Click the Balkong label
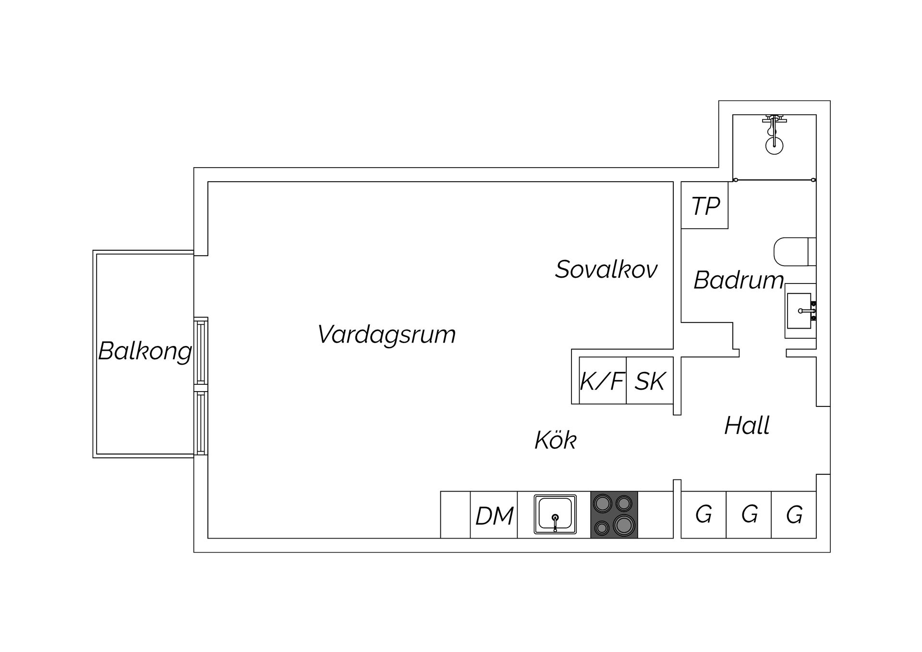click(x=145, y=351)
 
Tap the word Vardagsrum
click(x=386, y=334)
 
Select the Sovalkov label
click(x=606, y=269)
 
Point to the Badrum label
click(x=739, y=280)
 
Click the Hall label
click(x=747, y=426)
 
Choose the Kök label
click(x=555, y=440)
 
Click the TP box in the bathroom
click(x=705, y=206)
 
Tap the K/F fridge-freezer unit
click(x=602, y=381)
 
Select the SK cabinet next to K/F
click(x=650, y=381)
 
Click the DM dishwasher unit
click(x=494, y=516)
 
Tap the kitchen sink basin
click(x=555, y=514)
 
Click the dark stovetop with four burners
click(x=614, y=515)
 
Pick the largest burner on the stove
click(x=624, y=525)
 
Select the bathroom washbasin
click(x=800, y=311)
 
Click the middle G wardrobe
click(x=749, y=515)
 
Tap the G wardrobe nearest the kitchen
click(x=704, y=515)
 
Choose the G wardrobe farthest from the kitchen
click(x=794, y=515)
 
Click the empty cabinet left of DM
click(x=455, y=515)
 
